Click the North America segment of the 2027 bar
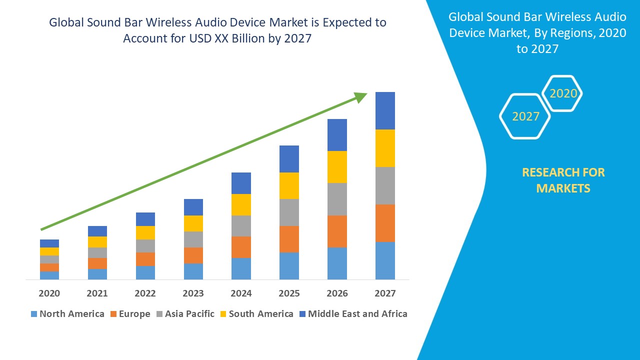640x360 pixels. coord(385,260)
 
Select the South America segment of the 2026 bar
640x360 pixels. coord(337,167)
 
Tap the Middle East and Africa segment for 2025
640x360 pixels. coord(289,159)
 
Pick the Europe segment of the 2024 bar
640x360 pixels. coord(241,247)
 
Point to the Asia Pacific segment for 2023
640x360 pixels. coord(193,239)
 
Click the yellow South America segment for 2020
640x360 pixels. coord(49,251)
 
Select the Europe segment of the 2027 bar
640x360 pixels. coord(385,223)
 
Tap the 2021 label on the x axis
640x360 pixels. coord(97,293)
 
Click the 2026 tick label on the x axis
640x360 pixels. coord(337,293)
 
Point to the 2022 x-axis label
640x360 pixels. coord(145,293)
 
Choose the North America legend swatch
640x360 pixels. coord(34,314)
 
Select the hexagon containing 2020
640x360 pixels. coord(562,93)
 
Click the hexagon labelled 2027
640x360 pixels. coord(525,116)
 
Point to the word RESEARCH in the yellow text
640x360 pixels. coord(549,172)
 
